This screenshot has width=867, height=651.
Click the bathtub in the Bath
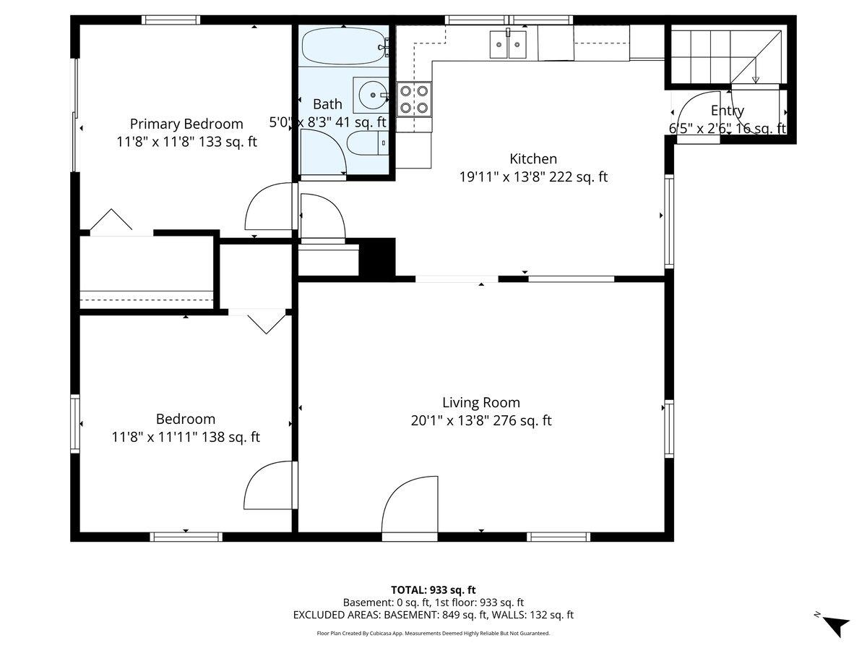[x=343, y=47]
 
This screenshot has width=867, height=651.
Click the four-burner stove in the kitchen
[x=414, y=99]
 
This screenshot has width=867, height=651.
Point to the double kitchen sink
[x=508, y=45]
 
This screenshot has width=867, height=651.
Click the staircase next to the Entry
[x=722, y=56]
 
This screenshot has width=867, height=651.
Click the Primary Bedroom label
[x=186, y=124]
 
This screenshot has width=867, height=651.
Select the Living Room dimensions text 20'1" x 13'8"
[x=481, y=420]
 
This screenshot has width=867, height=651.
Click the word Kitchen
[x=533, y=158]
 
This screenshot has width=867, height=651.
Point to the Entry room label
[x=727, y=111]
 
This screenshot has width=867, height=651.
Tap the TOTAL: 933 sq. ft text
[x=433, y=590]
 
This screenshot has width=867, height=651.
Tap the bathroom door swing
[x=324, y=152]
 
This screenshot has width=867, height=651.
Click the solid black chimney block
[x=377, y=257]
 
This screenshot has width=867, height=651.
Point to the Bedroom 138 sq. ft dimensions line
[x=186, y=437]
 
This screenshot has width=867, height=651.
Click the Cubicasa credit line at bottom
[x=433, y=633]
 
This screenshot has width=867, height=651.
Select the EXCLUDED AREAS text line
[x=433, y=615]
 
